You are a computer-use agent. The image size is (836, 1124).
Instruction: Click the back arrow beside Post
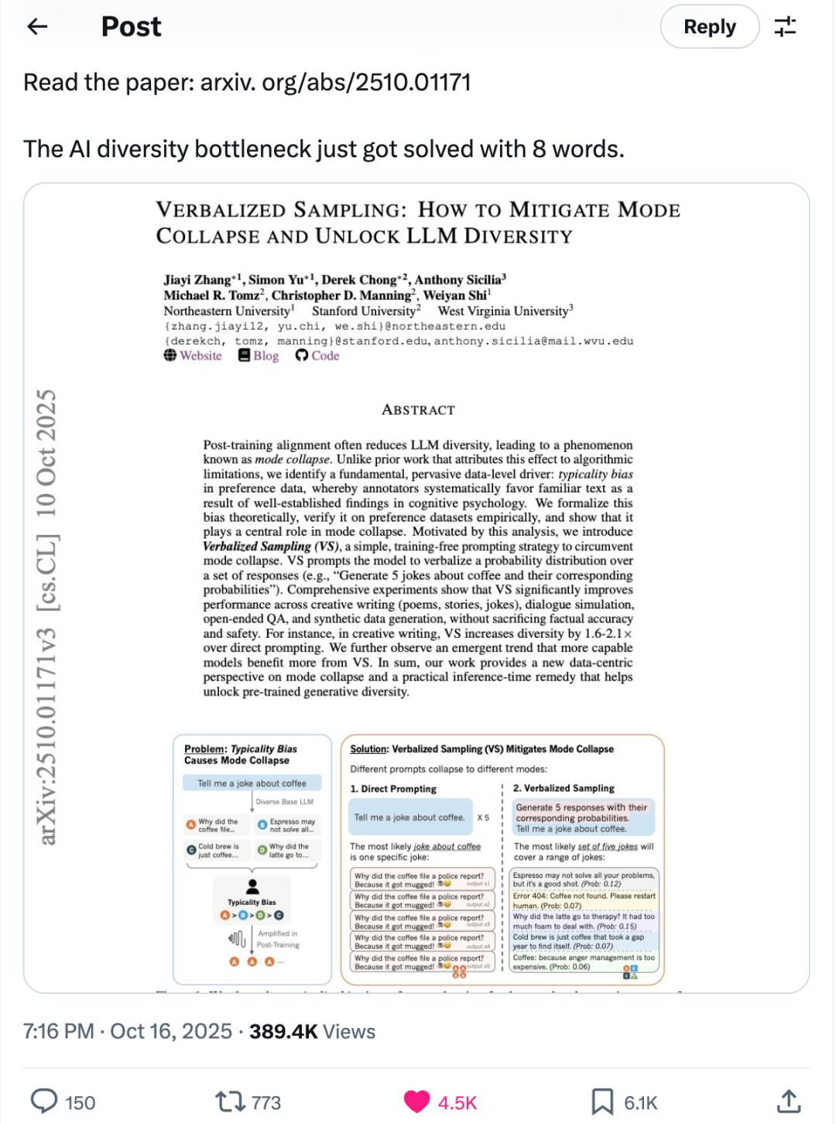[37, 27]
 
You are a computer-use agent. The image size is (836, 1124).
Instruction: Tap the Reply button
[709, 27]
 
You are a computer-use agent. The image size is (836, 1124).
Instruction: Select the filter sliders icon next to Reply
[785, 27]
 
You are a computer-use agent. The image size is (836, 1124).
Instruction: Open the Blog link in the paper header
[259, 356]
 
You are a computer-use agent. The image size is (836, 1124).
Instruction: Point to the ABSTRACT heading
[418, 410]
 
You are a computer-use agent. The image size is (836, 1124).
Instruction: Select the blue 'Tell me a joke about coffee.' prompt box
[409, 817]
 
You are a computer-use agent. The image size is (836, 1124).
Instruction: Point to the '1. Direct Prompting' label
[393, 789]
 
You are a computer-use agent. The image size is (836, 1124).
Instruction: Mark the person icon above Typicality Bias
[252, 887]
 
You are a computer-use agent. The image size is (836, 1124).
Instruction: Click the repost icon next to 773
[228, 1102]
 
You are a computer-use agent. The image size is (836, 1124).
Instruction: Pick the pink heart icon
[417, 1102]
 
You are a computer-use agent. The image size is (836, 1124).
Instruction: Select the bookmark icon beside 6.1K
[602, 1102]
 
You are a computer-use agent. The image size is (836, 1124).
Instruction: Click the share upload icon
[787, 1101]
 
